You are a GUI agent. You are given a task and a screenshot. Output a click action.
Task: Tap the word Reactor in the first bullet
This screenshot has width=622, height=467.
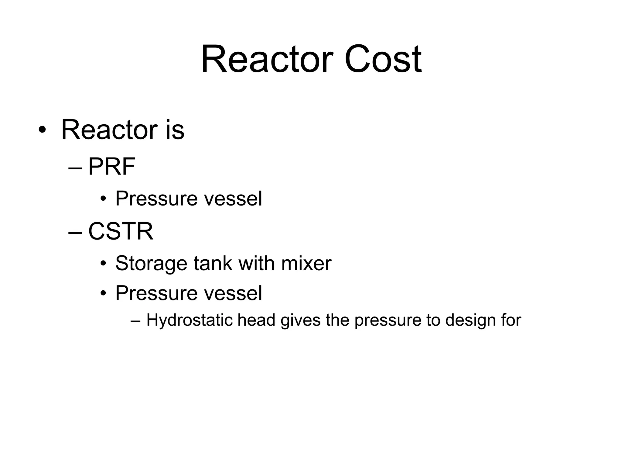109,130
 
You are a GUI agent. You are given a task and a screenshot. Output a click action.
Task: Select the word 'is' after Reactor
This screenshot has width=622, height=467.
175,130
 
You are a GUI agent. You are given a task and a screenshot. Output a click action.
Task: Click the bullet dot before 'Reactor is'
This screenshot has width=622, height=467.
42,130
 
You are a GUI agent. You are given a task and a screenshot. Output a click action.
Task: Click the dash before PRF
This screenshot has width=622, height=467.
75,168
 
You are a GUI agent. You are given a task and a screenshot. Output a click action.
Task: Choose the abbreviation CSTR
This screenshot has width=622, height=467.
121,231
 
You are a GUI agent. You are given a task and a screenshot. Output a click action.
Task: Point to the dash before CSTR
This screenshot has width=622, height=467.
75,232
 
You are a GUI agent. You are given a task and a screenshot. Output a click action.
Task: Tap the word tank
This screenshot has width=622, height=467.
213,263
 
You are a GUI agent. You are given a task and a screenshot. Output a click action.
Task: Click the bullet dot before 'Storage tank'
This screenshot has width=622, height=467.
103,264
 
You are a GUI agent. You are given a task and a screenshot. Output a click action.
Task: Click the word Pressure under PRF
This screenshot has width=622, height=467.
156,199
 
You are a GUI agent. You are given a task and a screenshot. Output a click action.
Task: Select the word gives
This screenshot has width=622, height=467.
300,320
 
